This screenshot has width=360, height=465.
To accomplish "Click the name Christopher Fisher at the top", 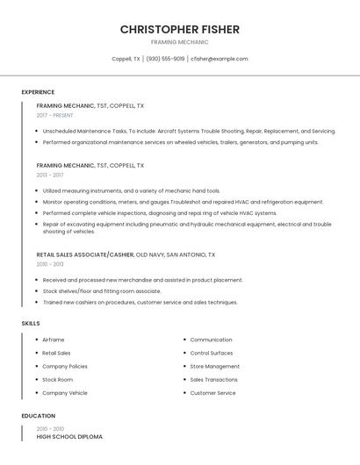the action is (x=179, y=30).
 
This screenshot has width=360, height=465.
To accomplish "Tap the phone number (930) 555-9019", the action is (x=165, y=59).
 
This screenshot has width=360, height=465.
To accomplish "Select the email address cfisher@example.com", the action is (x=220, y=59).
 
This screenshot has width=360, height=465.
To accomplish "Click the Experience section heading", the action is (x=38, y=92).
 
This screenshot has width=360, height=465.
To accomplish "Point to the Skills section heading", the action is (x=31, y=324).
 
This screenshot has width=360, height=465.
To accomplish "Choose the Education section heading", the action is (x=38, y=416).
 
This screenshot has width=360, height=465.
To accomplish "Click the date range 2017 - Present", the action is (x=54, y=115).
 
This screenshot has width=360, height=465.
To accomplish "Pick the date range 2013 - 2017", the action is (x=50, y=175).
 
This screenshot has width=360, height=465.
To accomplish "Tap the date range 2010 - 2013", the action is (x=50, y=264).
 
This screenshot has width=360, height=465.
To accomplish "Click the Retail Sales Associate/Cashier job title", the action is (x=85, y=254).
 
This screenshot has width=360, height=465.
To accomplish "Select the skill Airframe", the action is (x=54, y=340).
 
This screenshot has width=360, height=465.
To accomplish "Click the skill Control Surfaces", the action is (x=212, y=353).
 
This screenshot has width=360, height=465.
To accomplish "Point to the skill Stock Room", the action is (x=57, y=380).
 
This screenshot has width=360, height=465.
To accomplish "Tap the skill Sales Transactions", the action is (x=213, y=380).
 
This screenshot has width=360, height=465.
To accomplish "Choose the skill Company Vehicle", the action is (x=65, y=393).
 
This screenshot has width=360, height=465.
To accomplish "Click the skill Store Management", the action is (x=214, y=367).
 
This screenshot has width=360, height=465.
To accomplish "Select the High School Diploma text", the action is (x=69, y=436).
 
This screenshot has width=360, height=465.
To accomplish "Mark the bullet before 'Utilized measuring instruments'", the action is (x=37, y=190).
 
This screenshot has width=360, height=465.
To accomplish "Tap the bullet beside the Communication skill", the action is (x=184, y=340).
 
